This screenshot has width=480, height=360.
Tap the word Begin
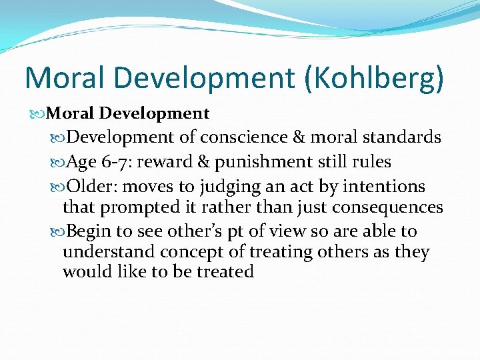[x=90, y=231]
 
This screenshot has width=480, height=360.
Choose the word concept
[x=191, y=252]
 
